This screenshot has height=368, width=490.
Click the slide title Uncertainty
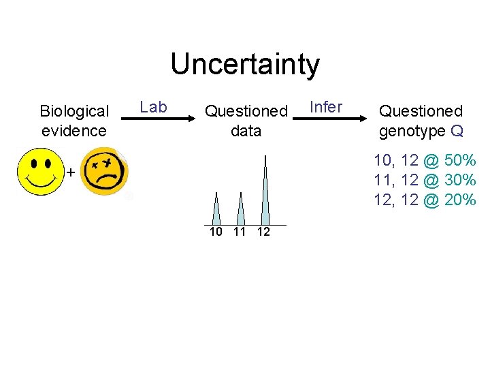point(245,65)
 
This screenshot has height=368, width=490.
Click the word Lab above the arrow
point(153,107)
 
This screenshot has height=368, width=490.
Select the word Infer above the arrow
point(326,107)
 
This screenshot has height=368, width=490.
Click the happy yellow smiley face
point(41,172)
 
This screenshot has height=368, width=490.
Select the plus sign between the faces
point(70,173)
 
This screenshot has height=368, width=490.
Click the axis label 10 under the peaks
point(216,232)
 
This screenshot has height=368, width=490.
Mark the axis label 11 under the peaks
point(239,232)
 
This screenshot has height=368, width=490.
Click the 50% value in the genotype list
point(459,162)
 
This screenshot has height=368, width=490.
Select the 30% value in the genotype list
point(459,181)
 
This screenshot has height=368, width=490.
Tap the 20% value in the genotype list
point(459,200)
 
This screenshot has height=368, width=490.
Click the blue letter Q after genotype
point(457,130)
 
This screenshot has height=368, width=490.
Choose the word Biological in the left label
point(74,111)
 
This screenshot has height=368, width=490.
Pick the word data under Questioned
point(246,130)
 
